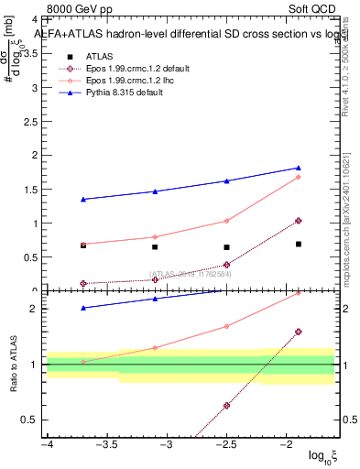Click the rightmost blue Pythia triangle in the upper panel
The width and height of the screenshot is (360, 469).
click(x=299, y=168)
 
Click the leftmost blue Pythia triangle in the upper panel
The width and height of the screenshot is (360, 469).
click(x=83, y=199)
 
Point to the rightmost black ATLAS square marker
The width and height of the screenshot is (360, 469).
click(x=299, y=244)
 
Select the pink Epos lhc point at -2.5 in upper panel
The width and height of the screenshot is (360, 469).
click(x=226, y=221)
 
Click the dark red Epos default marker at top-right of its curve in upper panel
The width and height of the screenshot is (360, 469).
click(x=299, y=221)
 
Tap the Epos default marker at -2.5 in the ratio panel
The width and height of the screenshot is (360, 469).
click(x=226, y=406)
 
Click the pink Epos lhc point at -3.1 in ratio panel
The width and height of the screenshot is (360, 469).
click(x=155, y=347)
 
